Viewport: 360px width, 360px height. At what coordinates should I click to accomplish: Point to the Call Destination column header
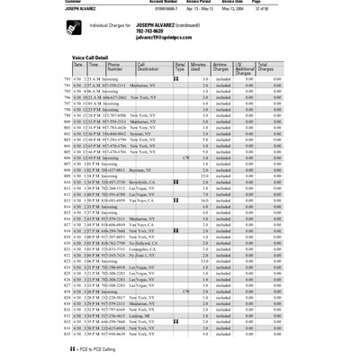(147, 67)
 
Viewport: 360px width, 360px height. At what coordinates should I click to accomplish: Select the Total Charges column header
(267, 67)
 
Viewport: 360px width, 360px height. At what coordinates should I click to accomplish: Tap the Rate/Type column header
(180, 67)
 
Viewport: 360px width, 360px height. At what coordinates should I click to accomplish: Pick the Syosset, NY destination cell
(150, 127)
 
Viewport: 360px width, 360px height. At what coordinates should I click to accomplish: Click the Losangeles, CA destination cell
(154, 249)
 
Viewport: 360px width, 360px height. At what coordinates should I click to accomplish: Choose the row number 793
(77, 78)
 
